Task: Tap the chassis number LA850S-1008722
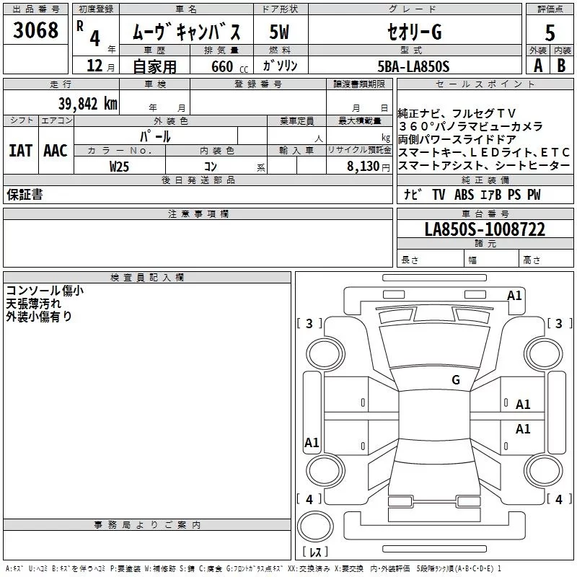pos(485,229)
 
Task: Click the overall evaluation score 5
pos(550,33)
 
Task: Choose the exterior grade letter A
pos(538,66)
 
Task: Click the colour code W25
pos(120,167)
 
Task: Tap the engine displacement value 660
pos(222,67)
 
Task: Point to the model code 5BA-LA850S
pos(413,66)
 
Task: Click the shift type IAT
pos(20,151)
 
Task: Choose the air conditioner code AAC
pos(55,151)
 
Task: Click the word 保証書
pos(25,195)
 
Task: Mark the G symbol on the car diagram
pos(455,380)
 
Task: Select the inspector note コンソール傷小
pos(45,291)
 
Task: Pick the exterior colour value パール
pos(155,136)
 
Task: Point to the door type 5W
pos(281,32)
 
